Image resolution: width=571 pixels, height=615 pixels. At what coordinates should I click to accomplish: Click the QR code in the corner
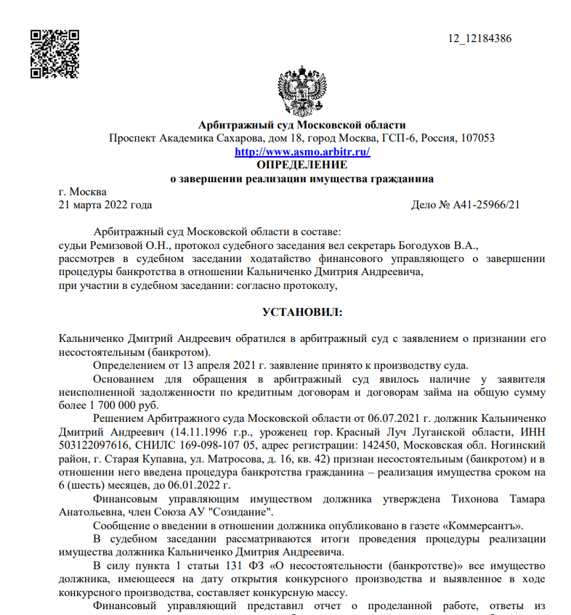[54, 54]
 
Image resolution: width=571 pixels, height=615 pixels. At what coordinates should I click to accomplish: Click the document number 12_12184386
[480, 38]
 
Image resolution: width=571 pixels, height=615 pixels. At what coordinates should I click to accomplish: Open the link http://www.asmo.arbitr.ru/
[302, 152]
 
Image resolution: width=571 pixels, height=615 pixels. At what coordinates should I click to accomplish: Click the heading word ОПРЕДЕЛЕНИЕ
[302, 164]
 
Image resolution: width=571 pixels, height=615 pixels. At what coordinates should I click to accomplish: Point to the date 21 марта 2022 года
[105, 205]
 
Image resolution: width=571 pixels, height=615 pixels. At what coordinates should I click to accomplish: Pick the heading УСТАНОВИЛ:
[301, 311]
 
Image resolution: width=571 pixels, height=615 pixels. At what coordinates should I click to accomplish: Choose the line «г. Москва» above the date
[82, 192]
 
